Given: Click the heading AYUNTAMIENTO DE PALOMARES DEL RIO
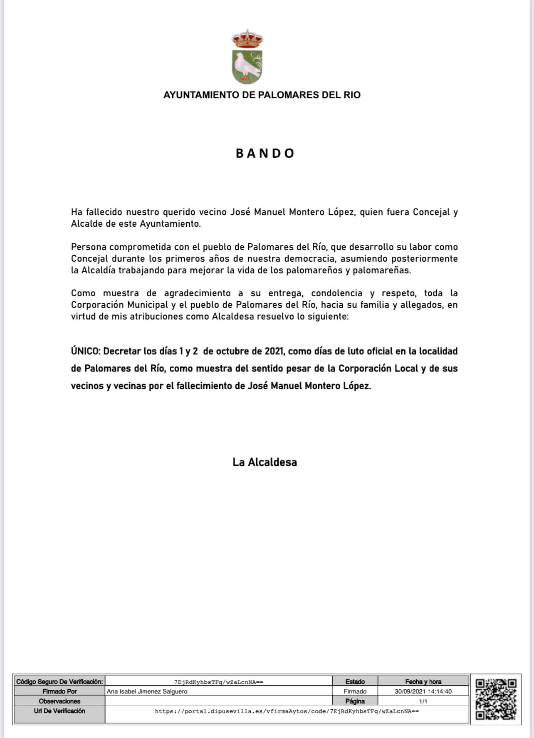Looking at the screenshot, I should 262,95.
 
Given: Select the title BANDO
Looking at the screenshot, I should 265,154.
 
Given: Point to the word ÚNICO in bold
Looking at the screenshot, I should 85,351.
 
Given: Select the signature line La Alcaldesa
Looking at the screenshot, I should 265,462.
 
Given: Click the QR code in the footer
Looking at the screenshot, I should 496,699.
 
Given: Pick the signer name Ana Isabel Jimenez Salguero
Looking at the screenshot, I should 147,691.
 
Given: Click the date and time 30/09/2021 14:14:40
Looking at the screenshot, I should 423,691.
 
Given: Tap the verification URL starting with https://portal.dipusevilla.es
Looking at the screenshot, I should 287,711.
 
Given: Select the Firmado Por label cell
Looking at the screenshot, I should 59,691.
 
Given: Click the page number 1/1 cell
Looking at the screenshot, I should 423,701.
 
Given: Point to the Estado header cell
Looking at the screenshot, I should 355,681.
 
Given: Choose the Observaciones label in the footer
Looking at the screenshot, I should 59,701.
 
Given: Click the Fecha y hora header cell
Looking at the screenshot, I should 423,681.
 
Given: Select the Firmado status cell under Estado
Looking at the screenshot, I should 355,691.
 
